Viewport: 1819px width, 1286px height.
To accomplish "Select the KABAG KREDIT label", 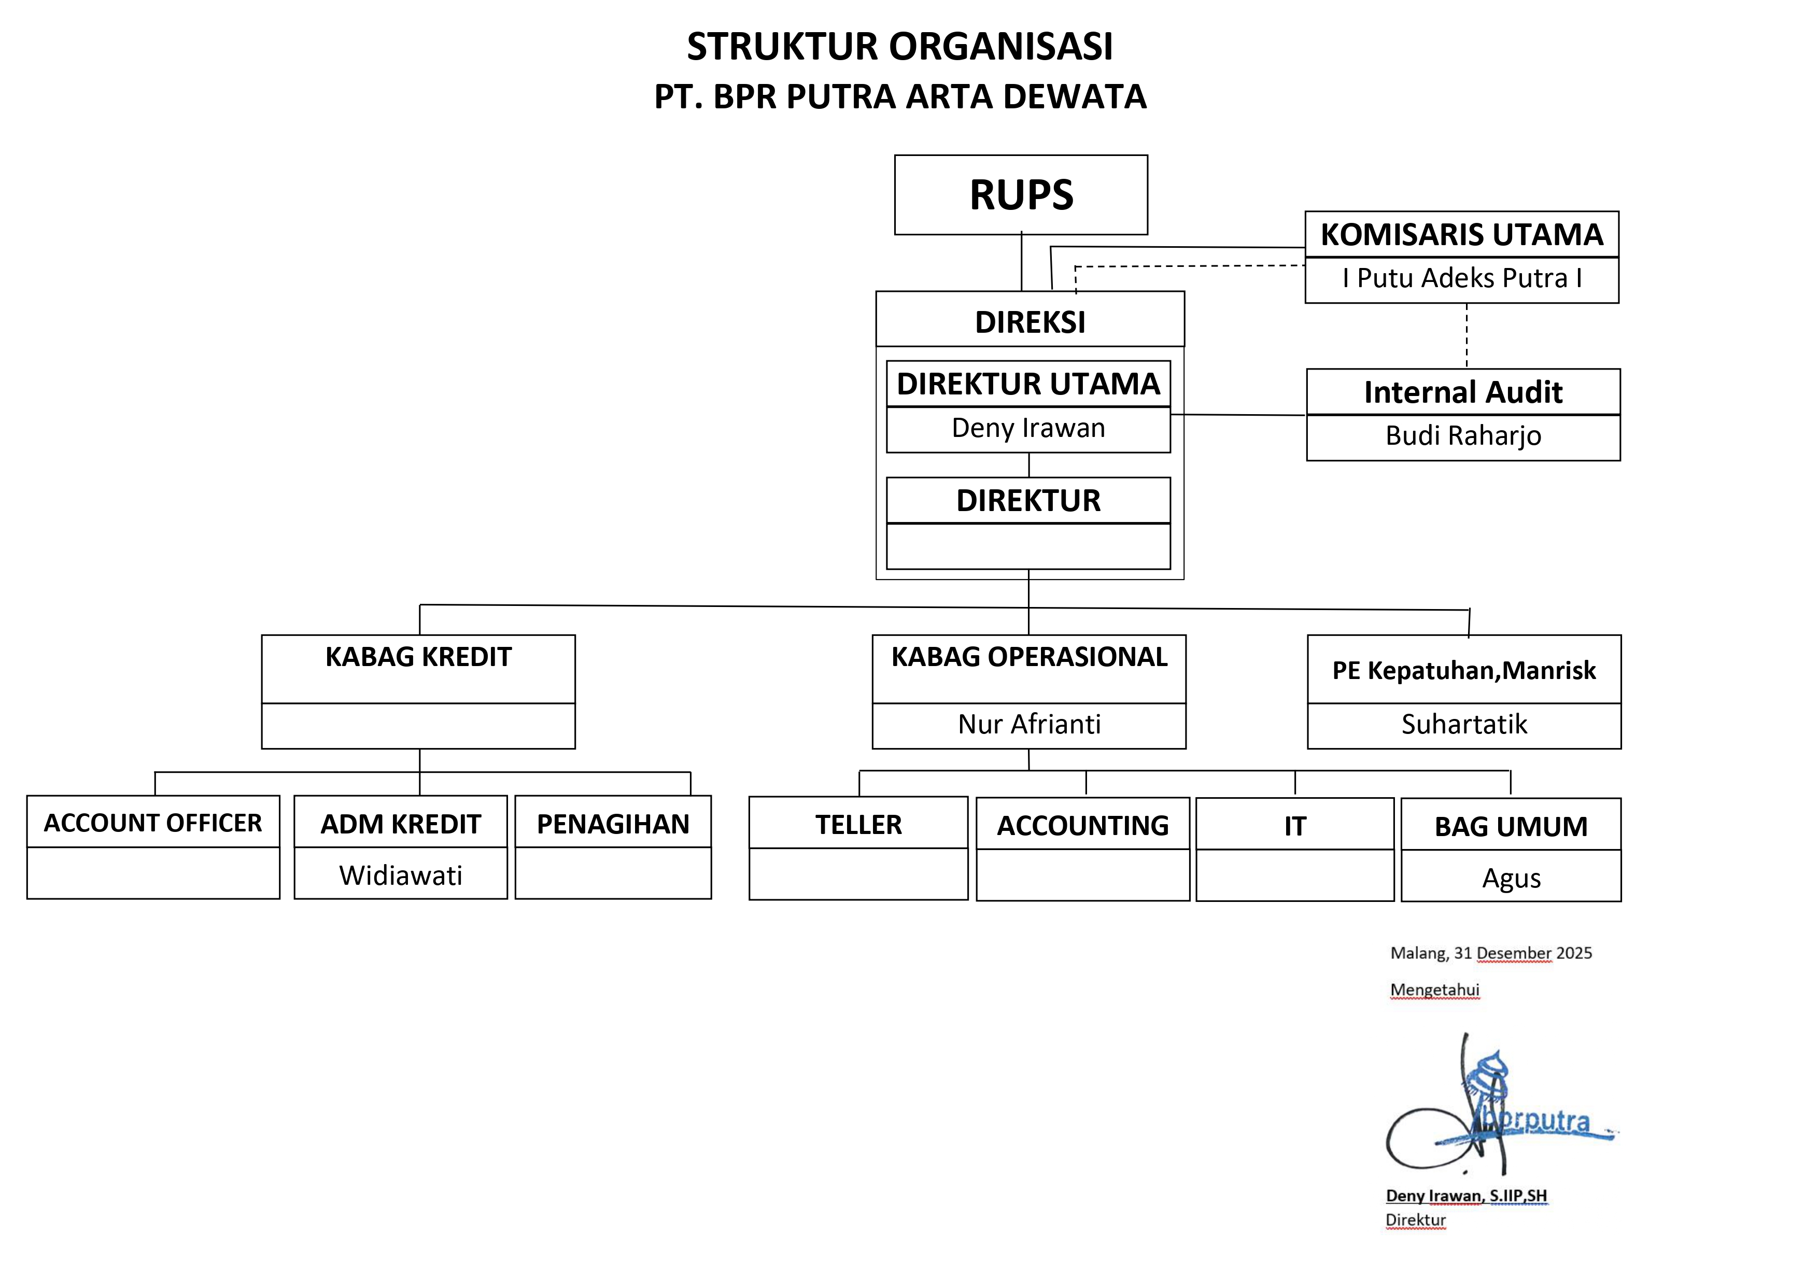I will coord(418,657).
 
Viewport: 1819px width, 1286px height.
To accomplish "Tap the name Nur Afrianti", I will coord(1028,724).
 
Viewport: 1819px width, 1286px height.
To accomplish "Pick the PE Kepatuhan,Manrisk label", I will coord(1463,670).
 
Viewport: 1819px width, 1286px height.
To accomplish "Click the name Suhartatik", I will coord(1463,724).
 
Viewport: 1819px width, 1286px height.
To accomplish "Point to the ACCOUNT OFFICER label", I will coord(153,823).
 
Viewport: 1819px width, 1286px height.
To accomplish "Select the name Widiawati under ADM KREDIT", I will coord(400,875).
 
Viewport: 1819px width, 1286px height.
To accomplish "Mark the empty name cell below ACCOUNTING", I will coord(1082,875).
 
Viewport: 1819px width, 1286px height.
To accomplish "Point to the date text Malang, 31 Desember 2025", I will coord(1490,953).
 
